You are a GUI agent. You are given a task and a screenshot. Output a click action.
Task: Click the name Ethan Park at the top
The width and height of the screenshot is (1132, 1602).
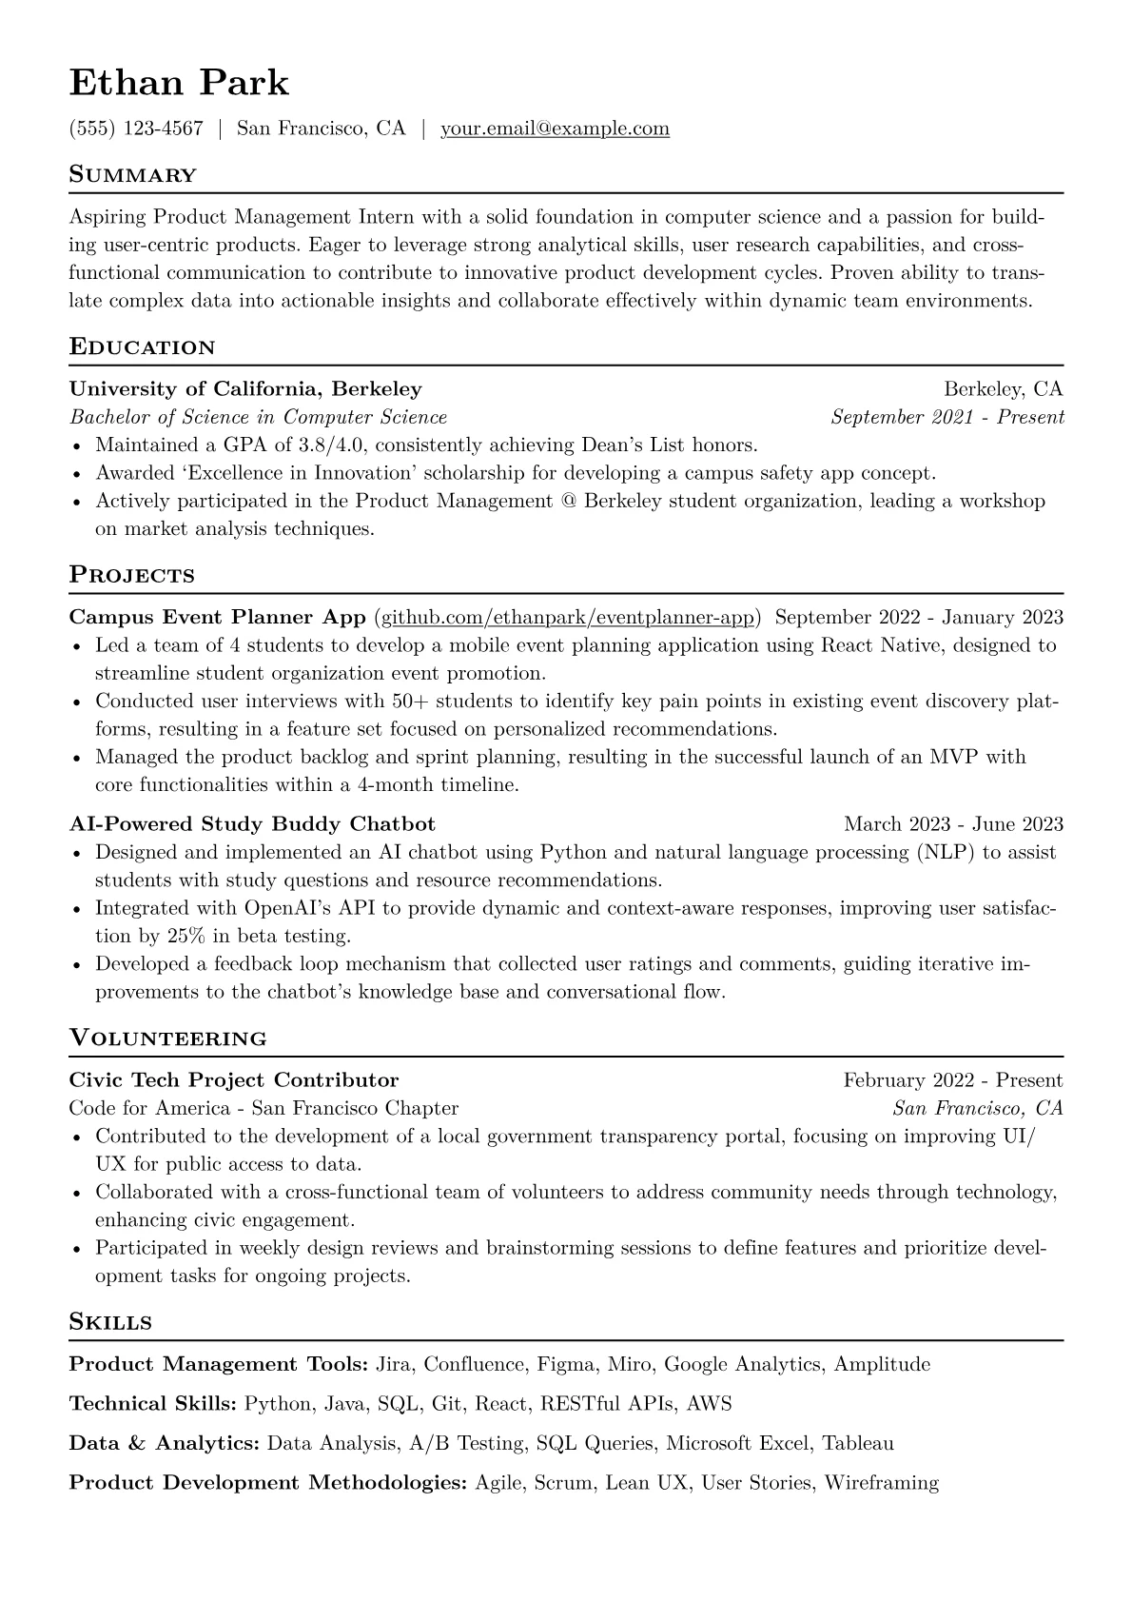coord(179,83)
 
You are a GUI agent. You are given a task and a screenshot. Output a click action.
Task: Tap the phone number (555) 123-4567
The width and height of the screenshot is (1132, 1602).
coord(136,129)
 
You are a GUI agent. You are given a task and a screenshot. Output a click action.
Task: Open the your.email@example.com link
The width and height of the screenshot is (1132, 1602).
coord(555,129)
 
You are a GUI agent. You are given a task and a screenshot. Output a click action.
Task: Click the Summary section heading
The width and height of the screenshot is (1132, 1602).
coord(133,175)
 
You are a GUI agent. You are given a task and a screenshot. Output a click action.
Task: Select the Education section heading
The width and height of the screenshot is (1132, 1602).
coord(143,347)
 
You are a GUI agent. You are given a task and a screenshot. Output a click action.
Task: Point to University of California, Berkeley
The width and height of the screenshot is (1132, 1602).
coord(245,388)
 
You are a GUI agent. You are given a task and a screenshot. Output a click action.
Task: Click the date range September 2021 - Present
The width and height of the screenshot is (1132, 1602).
coord(947,417)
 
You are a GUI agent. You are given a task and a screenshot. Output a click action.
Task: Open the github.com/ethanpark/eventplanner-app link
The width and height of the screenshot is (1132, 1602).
coord(568,618)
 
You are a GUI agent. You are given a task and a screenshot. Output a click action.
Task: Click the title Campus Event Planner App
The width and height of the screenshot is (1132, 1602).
coord(217,618)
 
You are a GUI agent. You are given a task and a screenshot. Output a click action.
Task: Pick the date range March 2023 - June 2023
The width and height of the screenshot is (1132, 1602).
coord(953,824)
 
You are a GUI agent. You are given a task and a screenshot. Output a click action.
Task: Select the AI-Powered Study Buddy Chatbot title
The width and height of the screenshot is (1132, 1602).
coord(252,824)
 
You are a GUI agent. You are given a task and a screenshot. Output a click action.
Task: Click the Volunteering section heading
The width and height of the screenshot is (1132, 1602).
coord(168,1038)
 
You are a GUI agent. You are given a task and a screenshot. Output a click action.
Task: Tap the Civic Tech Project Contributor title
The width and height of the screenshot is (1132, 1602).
coord(234,1080)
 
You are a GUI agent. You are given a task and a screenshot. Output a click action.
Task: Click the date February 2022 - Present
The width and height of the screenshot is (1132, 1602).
coord(952,1080)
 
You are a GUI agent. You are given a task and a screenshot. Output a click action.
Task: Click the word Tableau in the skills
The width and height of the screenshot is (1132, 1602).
coord(858,1444)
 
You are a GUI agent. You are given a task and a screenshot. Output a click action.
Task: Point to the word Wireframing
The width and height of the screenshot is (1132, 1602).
coord(881,1483)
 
